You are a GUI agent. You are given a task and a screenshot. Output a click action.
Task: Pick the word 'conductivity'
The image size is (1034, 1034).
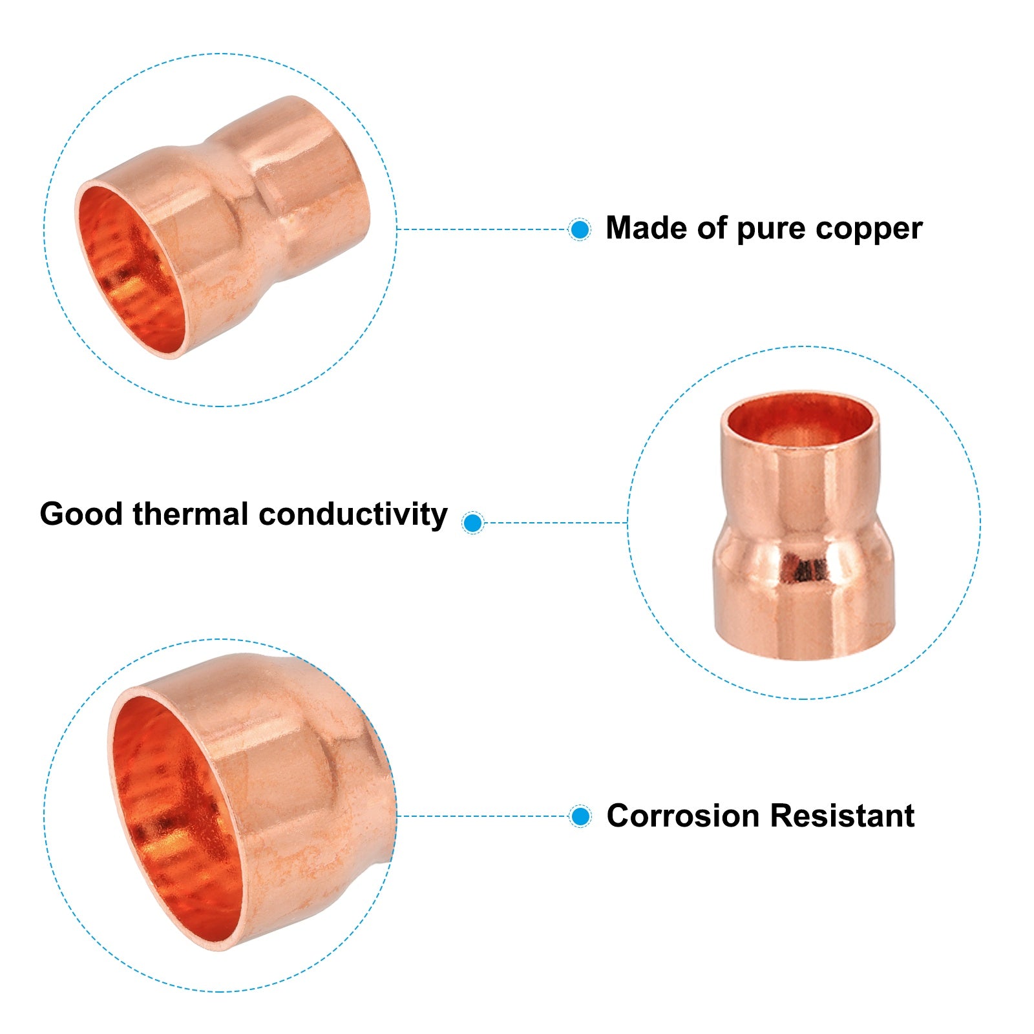coord(353,515)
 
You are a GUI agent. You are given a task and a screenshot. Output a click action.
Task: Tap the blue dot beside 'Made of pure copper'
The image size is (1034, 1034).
coord(580,229)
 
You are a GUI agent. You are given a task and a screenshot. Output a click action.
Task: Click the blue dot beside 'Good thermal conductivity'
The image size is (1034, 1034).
coord(473,522)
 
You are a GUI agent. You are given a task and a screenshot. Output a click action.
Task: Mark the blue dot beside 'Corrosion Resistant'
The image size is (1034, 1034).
coord(580,816)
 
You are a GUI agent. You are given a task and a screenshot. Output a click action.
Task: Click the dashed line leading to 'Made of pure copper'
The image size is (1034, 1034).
coord(483,229)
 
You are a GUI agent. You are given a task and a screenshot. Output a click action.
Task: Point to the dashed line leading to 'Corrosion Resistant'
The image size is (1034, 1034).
coord(483,816)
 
